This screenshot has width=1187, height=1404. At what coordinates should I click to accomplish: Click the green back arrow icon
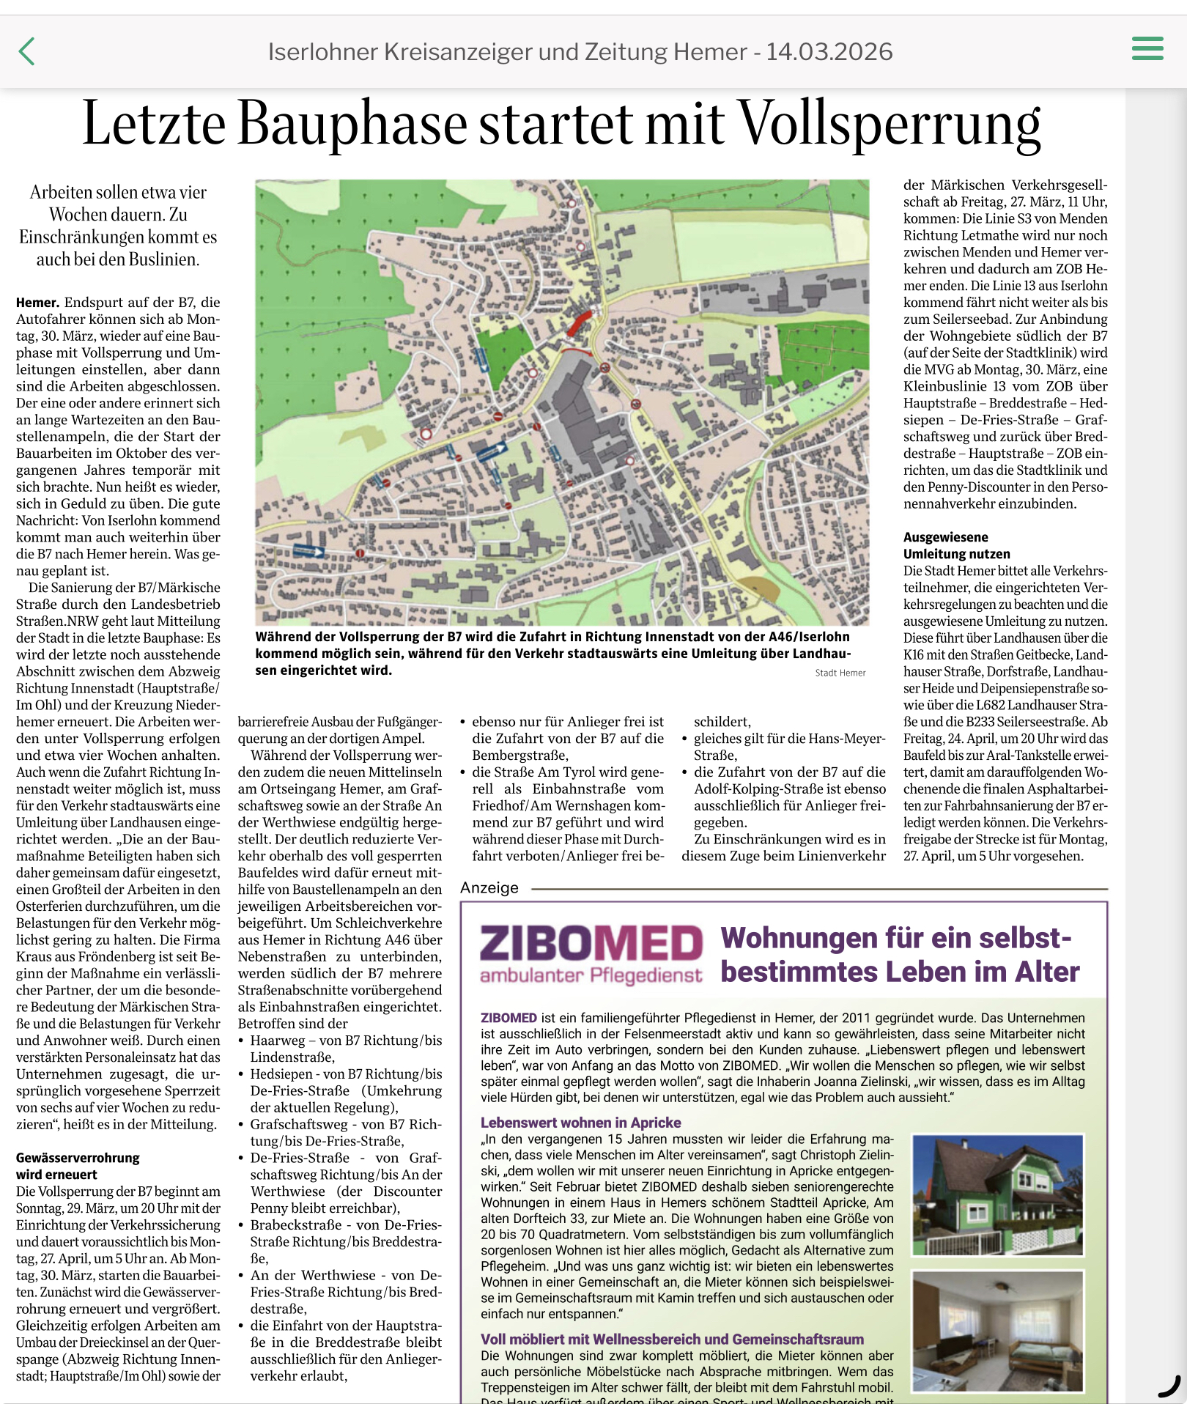pos(26,51)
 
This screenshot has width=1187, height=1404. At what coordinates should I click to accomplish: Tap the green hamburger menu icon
pos(1147,48)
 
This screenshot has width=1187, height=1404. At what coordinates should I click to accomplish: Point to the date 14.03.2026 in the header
pos(829,52)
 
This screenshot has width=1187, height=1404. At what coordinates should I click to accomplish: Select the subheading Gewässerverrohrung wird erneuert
pos(78,1166)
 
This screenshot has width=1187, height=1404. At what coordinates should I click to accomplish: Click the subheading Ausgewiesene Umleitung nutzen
pos(956,546)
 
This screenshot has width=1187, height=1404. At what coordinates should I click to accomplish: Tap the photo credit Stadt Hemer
pos(840,673)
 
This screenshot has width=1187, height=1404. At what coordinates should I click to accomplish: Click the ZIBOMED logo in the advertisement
pos(591,943)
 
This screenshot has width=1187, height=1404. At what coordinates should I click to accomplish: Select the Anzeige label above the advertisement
pos(489,888)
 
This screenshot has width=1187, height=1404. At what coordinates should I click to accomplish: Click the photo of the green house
pos(997,1196)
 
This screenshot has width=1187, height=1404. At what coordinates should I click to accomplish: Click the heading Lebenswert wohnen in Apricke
pos(580,1123)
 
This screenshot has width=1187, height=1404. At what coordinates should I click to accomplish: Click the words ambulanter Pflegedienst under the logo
pos(591,976)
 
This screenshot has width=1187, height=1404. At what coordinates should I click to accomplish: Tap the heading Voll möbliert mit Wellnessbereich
pos(672,1339)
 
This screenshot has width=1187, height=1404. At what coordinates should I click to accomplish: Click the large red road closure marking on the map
pos(579,322)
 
